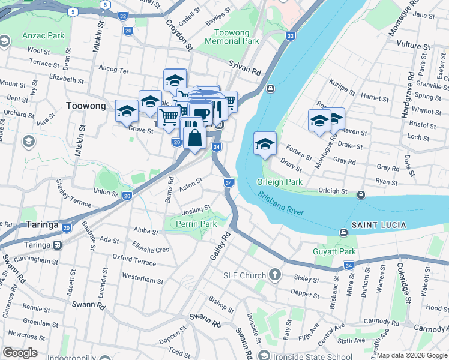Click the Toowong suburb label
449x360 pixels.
tap(85, 106)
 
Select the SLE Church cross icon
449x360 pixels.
tap(275, 275)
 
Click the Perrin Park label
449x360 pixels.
tap(196, 224)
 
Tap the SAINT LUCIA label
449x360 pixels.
tap(378, 225)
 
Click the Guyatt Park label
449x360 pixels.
tap(335, 253)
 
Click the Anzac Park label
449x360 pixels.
tap(43, 35)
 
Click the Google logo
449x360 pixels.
tap(20, 352)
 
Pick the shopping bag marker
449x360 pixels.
tap(195, 139)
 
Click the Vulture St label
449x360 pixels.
tap(414, 46)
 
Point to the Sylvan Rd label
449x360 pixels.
tap(244, 67)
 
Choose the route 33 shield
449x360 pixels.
tap(291, 37)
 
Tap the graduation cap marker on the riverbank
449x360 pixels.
tap(265, 143)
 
